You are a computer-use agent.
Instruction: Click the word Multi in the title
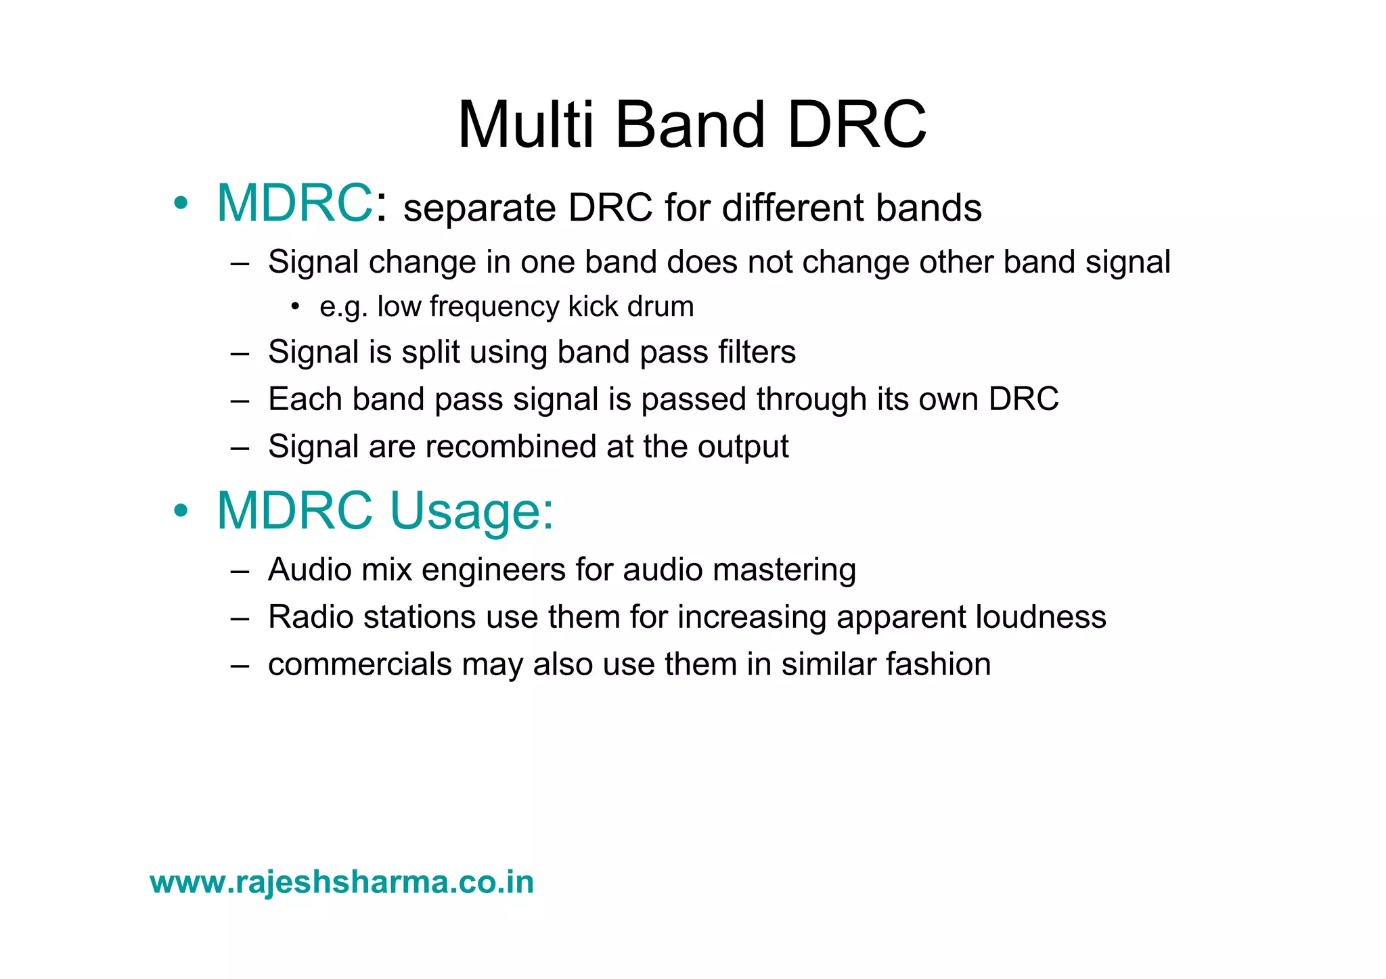click(526, 125)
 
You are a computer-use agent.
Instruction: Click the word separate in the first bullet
click(479, 208)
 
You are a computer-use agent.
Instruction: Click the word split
click(431, 352)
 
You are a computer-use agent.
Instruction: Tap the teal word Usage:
click(472, 511)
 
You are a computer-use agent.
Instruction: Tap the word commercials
click(359, 664)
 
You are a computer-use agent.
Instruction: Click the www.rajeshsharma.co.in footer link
click(342, 882)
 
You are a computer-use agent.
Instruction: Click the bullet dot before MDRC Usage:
click(180, 511)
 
